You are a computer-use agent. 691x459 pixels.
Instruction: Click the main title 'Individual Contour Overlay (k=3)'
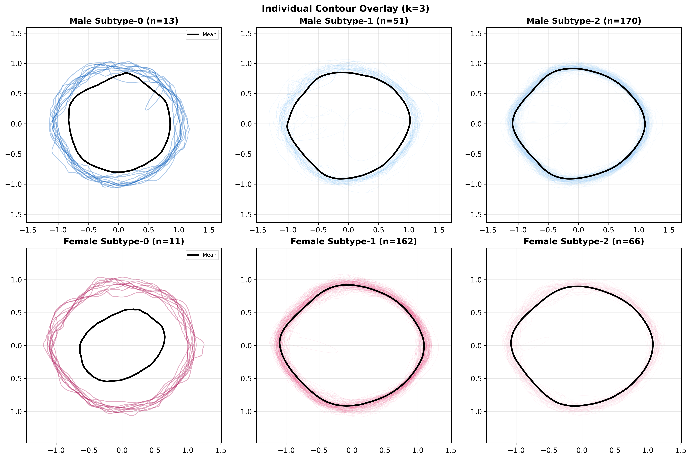pyautogui.click(x=345, y=9)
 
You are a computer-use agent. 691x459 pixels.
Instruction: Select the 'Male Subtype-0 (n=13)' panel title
pyautogui.click(x=124, y=21)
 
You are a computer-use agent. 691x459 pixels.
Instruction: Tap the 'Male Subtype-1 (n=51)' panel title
pyautogui.click(x=354, y=21)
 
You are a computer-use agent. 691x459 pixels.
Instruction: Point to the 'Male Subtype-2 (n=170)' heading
pyautogui.click(x=584, y=21)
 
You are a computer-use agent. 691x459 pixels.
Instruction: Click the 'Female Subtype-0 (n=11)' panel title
pyautogui.click(x=124, y=242)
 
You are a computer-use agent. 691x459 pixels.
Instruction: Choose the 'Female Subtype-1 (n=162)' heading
pyautogui.click(x=354, y=242)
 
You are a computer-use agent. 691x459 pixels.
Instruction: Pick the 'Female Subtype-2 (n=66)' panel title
pyautogui.click(x=584, y=242)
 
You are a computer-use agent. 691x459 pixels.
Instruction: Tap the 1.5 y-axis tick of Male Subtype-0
pyautogui.click(x=16, y=33)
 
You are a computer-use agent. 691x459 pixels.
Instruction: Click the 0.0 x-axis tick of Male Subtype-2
pyautogui.click(x=578, y=230)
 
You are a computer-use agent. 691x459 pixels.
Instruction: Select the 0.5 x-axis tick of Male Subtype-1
pyautogui.click(x=379, y=230)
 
